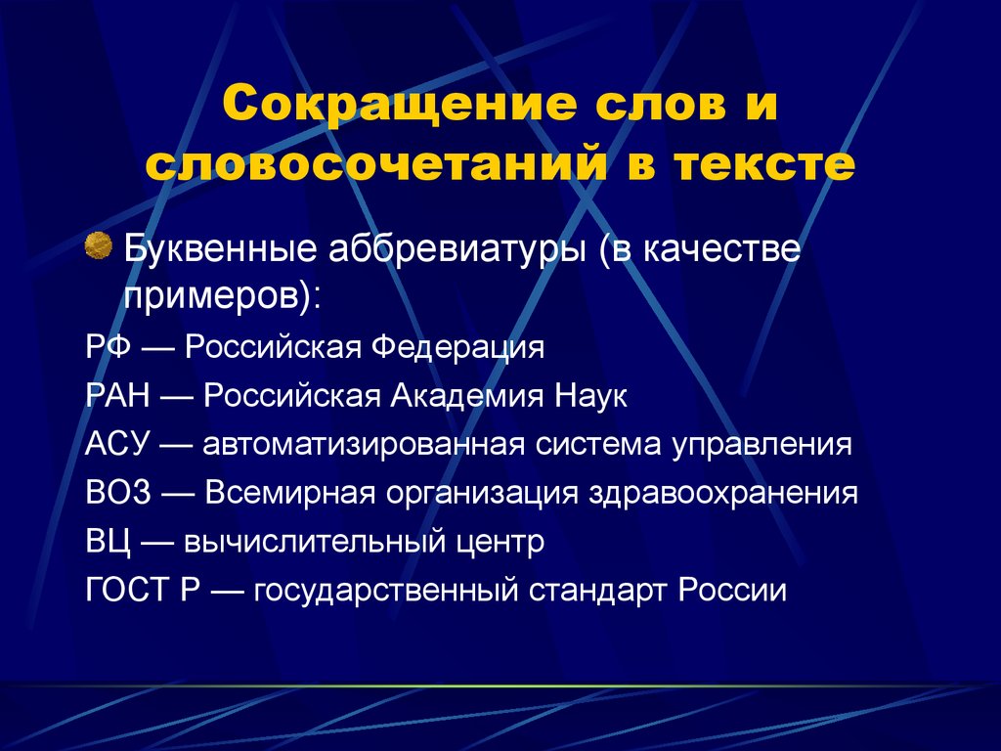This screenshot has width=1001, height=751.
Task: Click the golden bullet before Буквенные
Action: (x=99, y=245)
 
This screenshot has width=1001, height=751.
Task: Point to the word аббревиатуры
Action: (x=457, y=250)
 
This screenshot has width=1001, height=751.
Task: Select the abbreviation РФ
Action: (x=109, y=347)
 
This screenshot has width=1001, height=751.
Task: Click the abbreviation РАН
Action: (x=117, y=396)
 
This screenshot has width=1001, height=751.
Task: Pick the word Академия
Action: (x=467, y=397)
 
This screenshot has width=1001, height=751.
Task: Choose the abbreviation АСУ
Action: (x=117, y=444)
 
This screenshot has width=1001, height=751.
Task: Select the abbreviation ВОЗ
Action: (x=118, y=493)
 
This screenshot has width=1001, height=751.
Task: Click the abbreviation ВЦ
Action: (x=109, y=542)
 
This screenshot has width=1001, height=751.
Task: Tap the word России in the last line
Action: (x=732, y=590)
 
